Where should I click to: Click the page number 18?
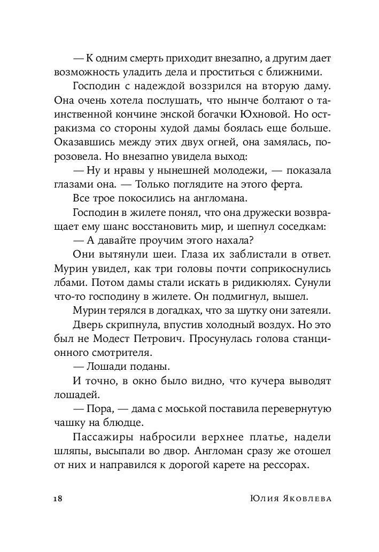(x=58, y=499)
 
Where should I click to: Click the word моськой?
(x=185, y=408)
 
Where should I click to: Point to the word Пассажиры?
(x=102, y=437)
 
